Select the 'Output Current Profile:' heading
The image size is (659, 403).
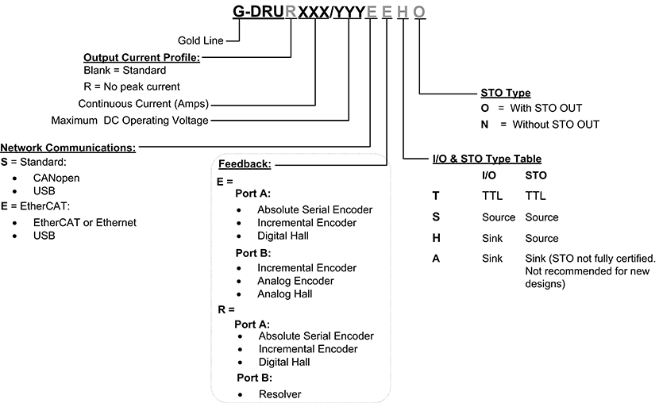[x=142, y=57]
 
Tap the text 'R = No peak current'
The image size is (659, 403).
[x=132, y=86]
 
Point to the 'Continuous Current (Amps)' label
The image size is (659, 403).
[x=148, y=104]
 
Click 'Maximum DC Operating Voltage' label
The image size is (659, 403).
[x=129, y=121]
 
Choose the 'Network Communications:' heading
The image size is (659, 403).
[x=68, y=147]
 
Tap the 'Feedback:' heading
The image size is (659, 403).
[x=245, y=164]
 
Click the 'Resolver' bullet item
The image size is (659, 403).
[x=279, y=393]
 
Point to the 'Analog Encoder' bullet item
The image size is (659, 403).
[x=295, y=281]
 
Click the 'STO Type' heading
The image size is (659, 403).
[x=506, y=93]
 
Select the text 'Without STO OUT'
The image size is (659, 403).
[x=556, y=125]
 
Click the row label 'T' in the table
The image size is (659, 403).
[x=435, y=195]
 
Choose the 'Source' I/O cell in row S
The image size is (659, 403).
[x=498, y=217]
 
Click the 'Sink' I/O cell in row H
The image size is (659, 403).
[x=492, y=238]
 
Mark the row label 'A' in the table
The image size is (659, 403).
[x=436, y=259]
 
